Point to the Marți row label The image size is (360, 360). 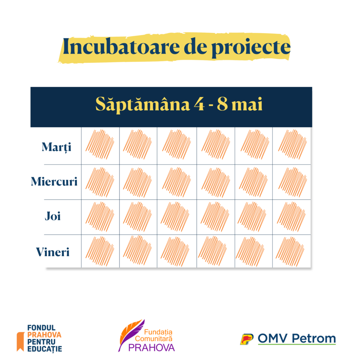tap(56, 147)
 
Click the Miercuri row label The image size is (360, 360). tap(54, 182)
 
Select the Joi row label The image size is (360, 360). tap(53, 216)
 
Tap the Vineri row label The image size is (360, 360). tap(53, 252)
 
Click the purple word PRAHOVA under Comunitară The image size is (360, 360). tap(151, 348)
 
